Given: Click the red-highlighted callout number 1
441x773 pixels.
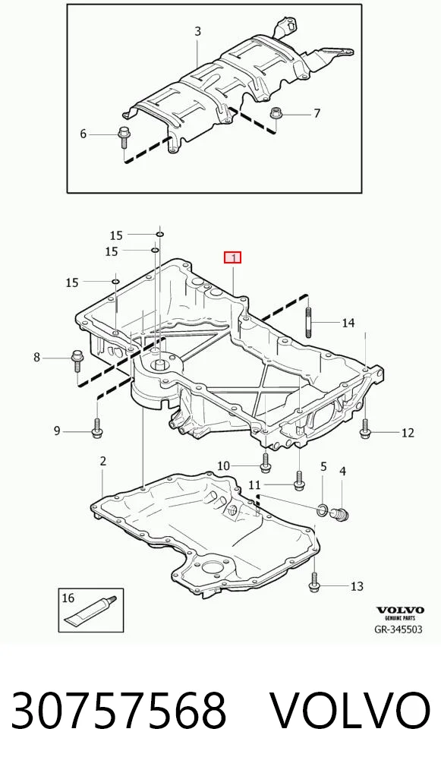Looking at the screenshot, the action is pos(232,257).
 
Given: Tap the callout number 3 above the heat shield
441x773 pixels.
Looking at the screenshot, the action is pos(197,32).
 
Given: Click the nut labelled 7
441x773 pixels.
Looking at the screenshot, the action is pos(275,114).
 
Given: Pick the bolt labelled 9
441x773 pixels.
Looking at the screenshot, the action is pos(96,428).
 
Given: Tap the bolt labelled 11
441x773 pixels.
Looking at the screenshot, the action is pos(298,481).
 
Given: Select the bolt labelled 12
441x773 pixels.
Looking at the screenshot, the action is pos(364,428).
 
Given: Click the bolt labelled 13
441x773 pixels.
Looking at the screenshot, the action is pos(314,582).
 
